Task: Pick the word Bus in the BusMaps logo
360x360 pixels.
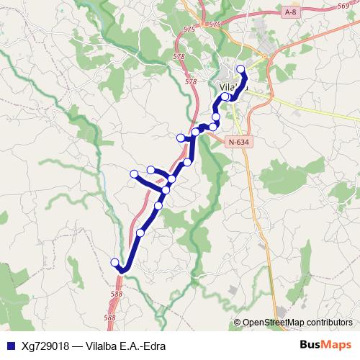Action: (310, 344)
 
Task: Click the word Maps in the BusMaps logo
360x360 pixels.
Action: (338, 344)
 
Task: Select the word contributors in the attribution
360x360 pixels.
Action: (330, 323)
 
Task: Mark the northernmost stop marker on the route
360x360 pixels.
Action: (240, 69)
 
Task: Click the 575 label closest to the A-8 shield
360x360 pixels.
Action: (214, 24)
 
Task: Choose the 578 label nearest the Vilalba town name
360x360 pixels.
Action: (191, 82)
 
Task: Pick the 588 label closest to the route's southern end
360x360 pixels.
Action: (117, 294)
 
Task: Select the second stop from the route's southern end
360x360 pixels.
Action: (140, 233)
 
